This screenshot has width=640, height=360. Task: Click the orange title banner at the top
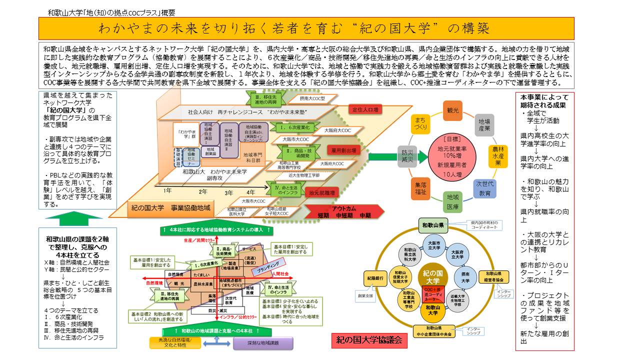point(306,28)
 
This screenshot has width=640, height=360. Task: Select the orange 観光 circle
point(452,110)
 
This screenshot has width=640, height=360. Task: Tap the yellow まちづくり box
point(420,124)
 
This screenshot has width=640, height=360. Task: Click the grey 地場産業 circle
point(483,124)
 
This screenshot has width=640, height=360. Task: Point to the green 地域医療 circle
point(452,200)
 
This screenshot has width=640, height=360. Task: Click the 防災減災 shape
point(406,156)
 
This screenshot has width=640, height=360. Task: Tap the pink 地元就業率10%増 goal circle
point(452,156)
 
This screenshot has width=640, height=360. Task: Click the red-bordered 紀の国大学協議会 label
point(369,340)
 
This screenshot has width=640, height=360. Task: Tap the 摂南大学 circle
point(465,276)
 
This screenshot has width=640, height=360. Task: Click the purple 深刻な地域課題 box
point(262,343)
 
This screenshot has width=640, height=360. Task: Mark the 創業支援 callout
point(365,295)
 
